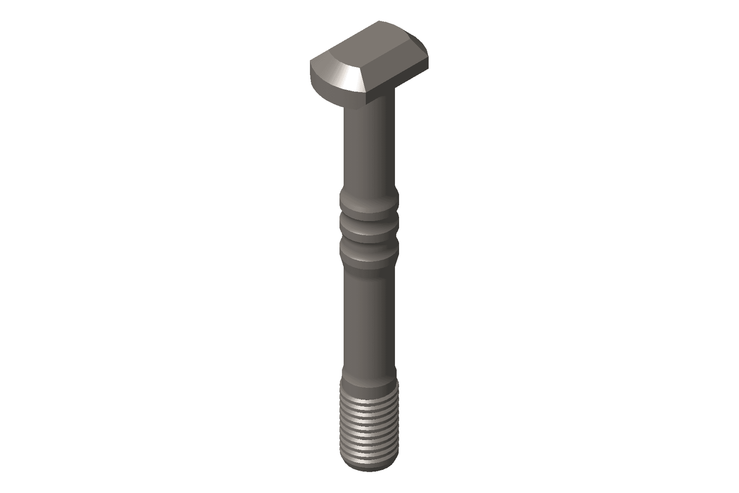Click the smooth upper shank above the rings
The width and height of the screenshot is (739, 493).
coord(368,148)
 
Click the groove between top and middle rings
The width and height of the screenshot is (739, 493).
coord(368,217)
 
